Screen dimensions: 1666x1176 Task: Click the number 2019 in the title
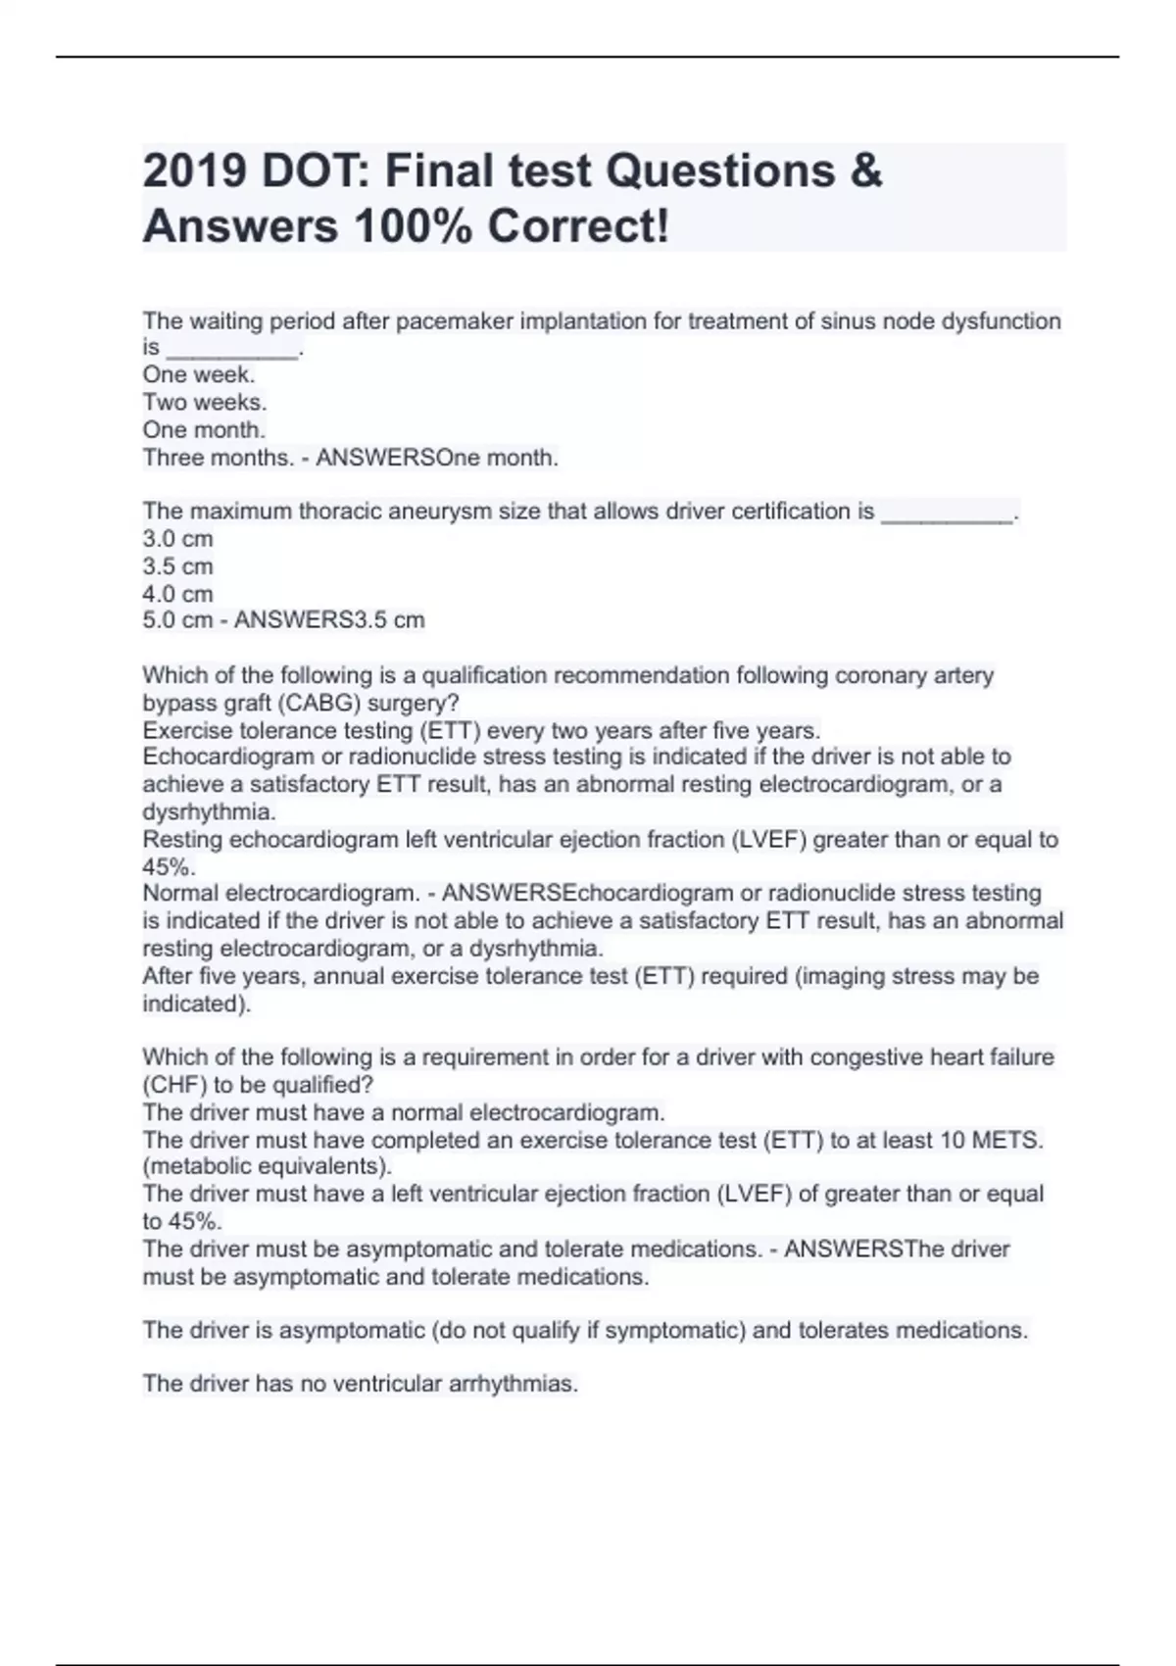coord(194,171)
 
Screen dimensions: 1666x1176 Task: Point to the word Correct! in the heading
coord(578,227)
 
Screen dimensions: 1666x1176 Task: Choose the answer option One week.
coord(199,375)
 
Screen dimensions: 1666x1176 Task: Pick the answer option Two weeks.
coord(205,403)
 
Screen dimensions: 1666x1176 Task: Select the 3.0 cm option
coord(177,539)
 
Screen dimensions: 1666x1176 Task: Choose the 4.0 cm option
coord(177,594)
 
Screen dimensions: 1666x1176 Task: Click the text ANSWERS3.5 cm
coord(329,620)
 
